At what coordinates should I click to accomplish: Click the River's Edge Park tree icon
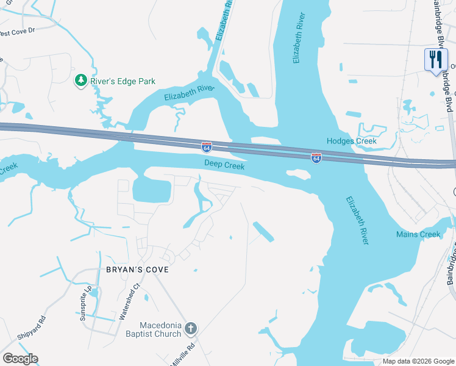[x=80, y=81]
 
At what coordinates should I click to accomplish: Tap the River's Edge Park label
[x=123, y=81]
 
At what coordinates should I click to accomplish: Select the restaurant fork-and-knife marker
[x=435, y=60]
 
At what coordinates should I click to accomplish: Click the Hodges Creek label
[x=352, y=141]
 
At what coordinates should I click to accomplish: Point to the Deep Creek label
[x=224, y=165]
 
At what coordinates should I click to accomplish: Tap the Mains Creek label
[x=418, y=234]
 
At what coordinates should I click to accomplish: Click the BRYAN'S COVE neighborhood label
[x=137, y=269]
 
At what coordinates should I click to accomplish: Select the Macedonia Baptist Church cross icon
[x=190, y=329]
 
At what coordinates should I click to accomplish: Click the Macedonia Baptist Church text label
[x=161, y=329]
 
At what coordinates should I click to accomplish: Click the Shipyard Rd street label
[x=32, y=328]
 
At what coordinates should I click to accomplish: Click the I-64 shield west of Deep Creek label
[x=207, y=148]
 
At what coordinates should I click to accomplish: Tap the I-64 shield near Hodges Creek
[x=316, y=158]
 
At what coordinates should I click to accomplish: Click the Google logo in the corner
[x=20, y=359]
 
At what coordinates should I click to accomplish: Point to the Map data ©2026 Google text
[x=418, y=361]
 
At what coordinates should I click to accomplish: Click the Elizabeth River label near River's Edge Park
[x=190, y=93]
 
